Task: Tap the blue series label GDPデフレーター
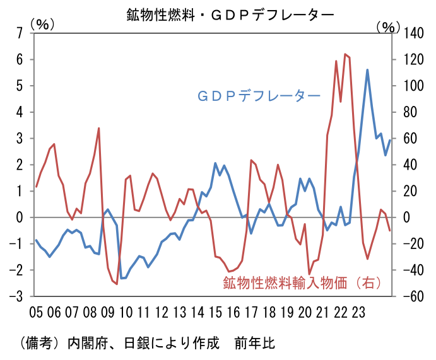click(x=259, y=96)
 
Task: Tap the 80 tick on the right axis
click(x=407, y=112)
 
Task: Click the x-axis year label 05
click(x=37, y=311)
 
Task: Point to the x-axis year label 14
click(x=197, y=311)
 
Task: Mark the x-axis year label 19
click(x=287, y=311)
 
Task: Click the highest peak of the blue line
click(x=368, y=70)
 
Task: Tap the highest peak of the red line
click(x=345, y=54)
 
